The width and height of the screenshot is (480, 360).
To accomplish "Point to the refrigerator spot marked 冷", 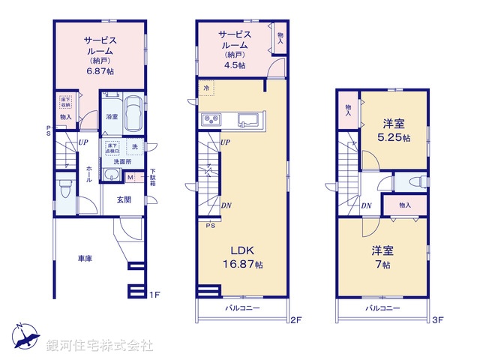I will [206, 88].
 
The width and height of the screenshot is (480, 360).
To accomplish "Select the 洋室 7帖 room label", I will [382, 258].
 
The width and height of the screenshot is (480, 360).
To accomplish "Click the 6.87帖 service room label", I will [100, 54].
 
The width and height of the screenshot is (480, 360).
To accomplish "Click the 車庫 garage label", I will [85, 259].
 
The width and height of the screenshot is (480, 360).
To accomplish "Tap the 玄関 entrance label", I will [124, 199].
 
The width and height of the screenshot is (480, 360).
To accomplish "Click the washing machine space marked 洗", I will [135, 146].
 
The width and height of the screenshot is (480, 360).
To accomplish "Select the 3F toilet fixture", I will [417, 182].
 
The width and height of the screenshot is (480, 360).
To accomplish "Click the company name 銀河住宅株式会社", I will [99, 346].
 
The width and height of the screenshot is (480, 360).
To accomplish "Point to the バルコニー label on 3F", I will [382, 308].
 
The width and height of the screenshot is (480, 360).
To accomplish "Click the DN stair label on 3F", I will [367, 205].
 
